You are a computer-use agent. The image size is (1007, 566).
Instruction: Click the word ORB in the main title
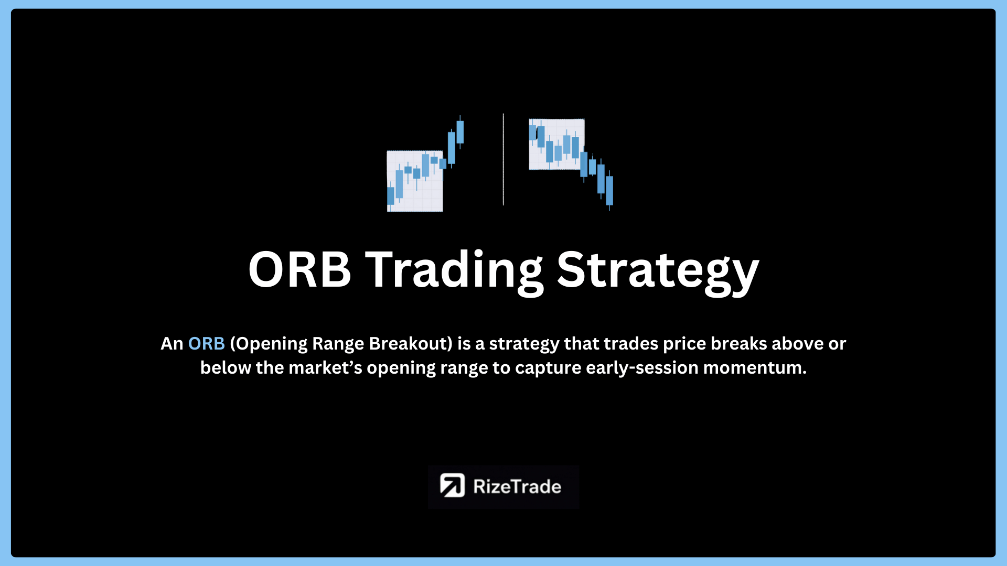pos(299,269)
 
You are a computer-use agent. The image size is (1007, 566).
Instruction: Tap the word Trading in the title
pos(454,273)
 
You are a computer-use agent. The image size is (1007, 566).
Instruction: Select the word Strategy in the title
pos(658,273)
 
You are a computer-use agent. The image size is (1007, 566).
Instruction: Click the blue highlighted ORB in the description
pos(207,344)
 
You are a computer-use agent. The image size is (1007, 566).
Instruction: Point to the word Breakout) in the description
pos(411,344)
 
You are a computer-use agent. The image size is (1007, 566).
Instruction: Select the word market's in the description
pos(325,368)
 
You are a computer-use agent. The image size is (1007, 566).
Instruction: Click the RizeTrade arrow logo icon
pos(452,485)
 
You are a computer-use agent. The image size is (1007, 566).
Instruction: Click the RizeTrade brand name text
pos(517,487)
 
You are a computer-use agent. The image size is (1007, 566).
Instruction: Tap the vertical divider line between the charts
pos(504,159)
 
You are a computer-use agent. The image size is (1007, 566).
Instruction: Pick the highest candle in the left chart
pos(460,132)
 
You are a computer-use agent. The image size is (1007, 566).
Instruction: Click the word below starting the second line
pos(226,368)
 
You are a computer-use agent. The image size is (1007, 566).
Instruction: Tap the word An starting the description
pos(172,344)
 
